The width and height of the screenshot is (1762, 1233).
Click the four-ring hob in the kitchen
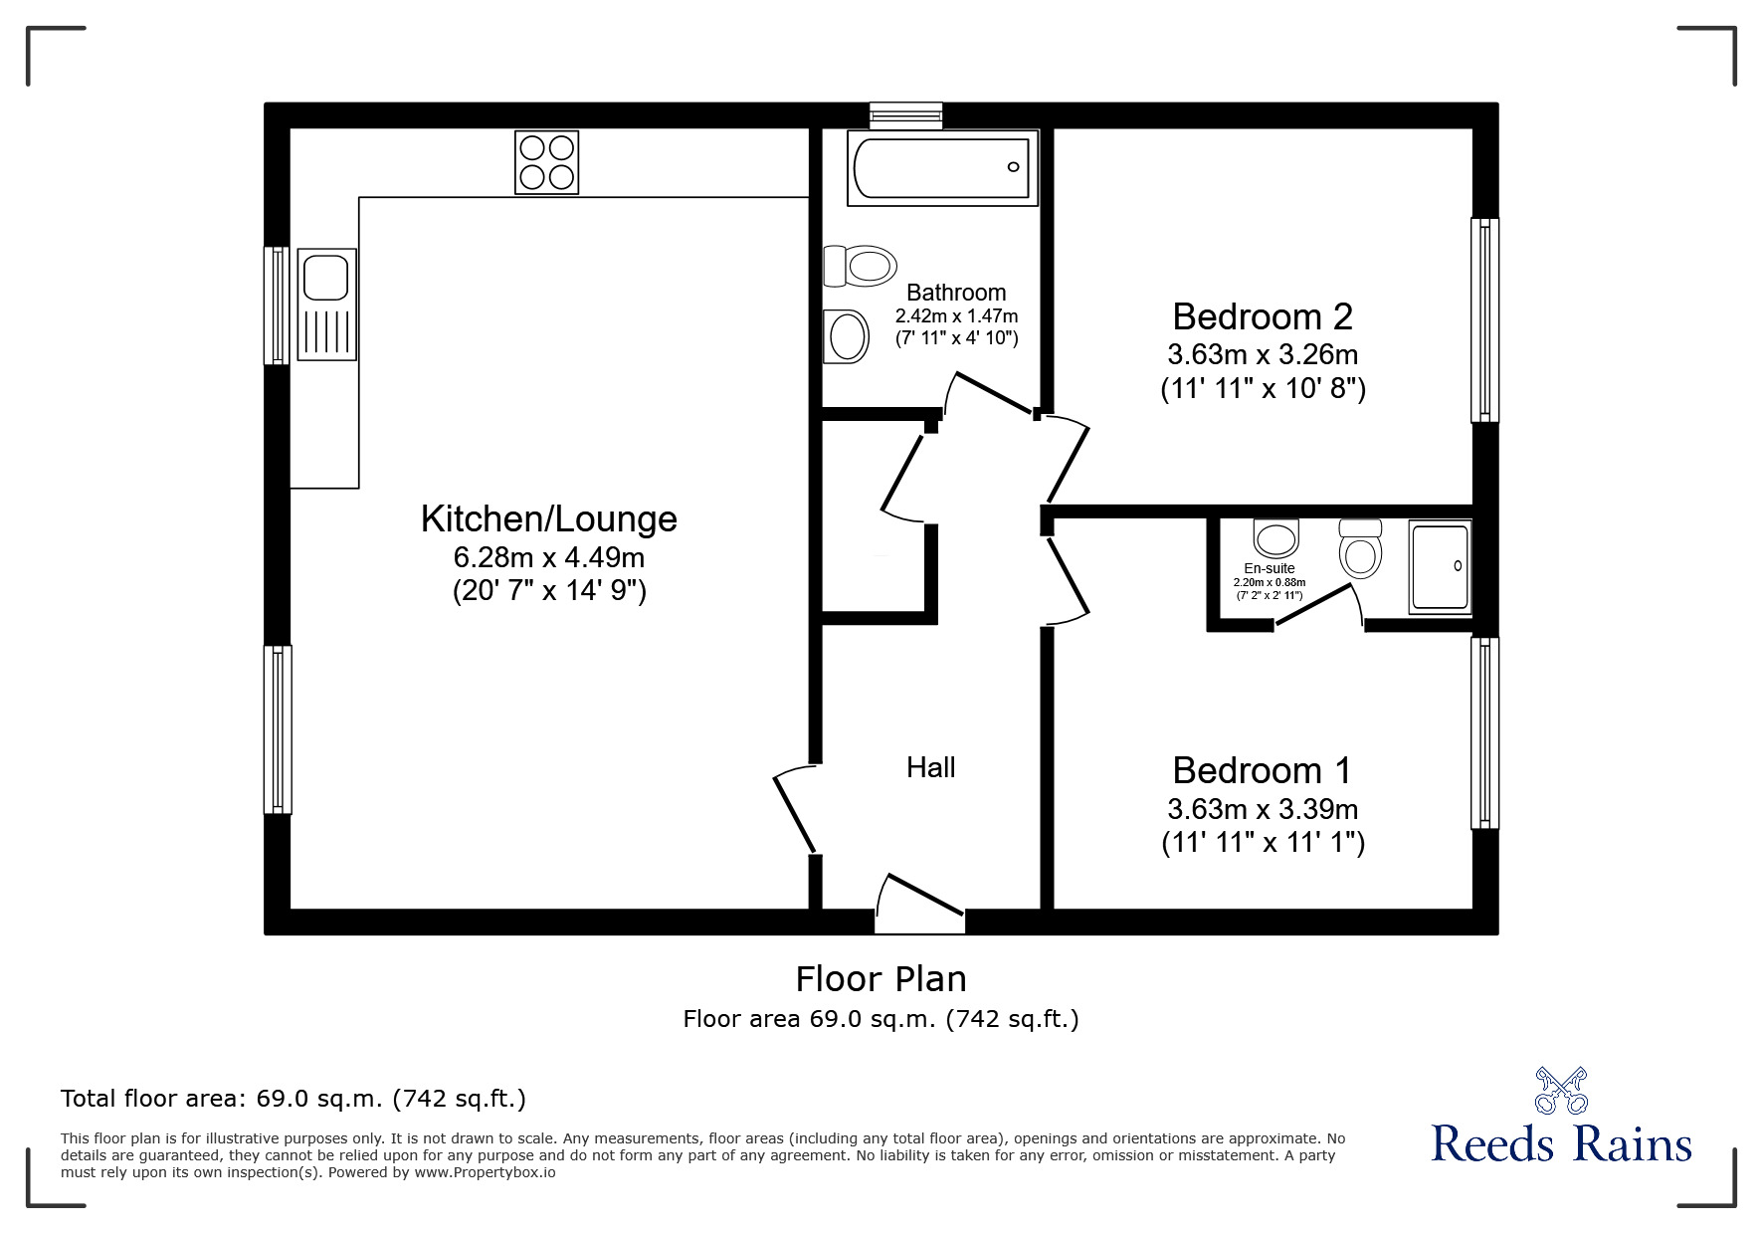pos(546,162)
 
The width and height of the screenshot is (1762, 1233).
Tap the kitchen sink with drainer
pos(327,304)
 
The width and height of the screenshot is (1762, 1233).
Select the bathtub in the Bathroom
pos(941,168)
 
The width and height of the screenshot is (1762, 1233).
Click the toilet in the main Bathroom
pos(861,267)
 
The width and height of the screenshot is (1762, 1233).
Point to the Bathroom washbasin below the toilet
pos(847,335)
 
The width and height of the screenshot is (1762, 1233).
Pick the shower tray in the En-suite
pos(1439,567)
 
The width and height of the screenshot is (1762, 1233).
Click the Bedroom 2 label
pos(1262,316)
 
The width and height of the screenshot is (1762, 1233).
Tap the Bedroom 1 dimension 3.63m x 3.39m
pos(1262,809)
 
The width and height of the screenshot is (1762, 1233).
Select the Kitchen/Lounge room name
pos(548,518)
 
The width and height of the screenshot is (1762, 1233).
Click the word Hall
pos(930,767)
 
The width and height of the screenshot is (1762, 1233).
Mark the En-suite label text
pos(1269,568)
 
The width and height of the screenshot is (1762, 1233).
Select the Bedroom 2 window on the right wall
pos(1483,319)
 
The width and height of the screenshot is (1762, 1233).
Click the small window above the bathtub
pos(904,115)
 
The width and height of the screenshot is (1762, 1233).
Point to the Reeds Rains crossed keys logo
pos(1560,1090)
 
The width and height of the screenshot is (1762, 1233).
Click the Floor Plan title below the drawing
pos(881,979)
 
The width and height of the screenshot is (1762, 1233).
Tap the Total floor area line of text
pos(293,1099)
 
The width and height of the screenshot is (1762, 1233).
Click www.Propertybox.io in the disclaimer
pos(485,1172)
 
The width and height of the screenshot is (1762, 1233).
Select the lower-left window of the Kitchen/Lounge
pos(278,728)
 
